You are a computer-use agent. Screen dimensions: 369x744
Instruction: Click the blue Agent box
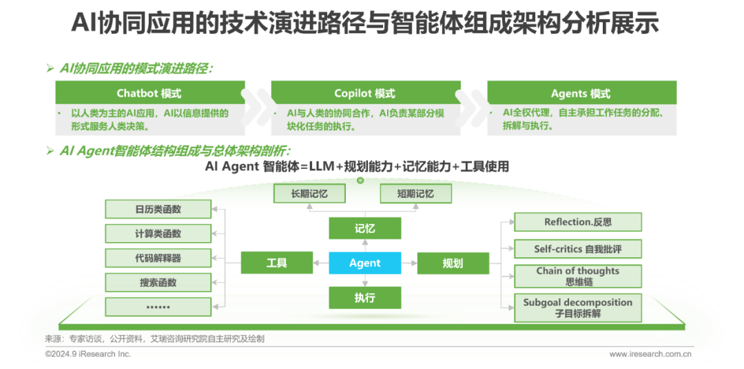[x=365, y=263]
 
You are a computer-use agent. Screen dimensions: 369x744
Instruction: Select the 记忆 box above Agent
[x=365, y=228]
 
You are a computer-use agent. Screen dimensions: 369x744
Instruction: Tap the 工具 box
[x=276, y=263]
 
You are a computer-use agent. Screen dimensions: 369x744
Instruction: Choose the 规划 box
[x=453, y=263]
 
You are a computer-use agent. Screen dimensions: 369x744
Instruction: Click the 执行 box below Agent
[x=365, y=298]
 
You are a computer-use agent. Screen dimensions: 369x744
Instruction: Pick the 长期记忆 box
[x=309, y=194]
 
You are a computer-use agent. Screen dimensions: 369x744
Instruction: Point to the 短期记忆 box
[x=415, y=194]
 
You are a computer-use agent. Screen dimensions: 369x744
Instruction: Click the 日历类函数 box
[x=158, y=209]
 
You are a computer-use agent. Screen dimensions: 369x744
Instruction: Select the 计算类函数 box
[x=158, y=234]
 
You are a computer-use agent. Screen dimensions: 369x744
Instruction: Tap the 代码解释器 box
[x=158, y=258]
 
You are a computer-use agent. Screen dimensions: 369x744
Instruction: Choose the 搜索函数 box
[x=158, y=282]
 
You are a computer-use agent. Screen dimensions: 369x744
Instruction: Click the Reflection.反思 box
[x=577, y=222]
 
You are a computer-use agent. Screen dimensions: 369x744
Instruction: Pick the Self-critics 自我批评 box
[x=577, y=248]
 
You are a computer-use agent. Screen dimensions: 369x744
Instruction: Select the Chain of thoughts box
[x=577, y=275]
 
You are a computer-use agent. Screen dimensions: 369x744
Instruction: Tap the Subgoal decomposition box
[x=577, y=308]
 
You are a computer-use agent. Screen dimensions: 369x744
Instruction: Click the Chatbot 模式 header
[x=149, y=93]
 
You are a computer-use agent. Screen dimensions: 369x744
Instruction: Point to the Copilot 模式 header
[x=365, y=93]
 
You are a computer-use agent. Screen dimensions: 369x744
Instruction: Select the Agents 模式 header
[x=581, y=93]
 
